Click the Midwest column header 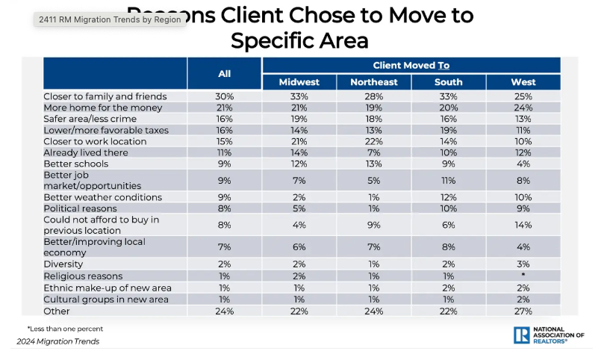(299, 81)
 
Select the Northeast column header (373, 81)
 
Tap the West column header (523, 81)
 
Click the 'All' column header (224, 73)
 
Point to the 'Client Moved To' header (411, 65)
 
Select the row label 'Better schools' (76, 164)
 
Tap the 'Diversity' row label (63, 264)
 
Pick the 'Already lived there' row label (87, 152)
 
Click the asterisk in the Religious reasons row (523, 276)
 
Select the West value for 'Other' (523, 311)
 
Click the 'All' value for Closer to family (224, 96)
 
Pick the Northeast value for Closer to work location (373, 141)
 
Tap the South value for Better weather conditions (448, 197)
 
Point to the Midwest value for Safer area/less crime (299, 119)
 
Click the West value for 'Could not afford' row (523, 225)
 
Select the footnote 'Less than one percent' (66, 328)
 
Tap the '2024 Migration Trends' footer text (58, 341)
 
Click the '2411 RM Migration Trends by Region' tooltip (110, 19)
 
